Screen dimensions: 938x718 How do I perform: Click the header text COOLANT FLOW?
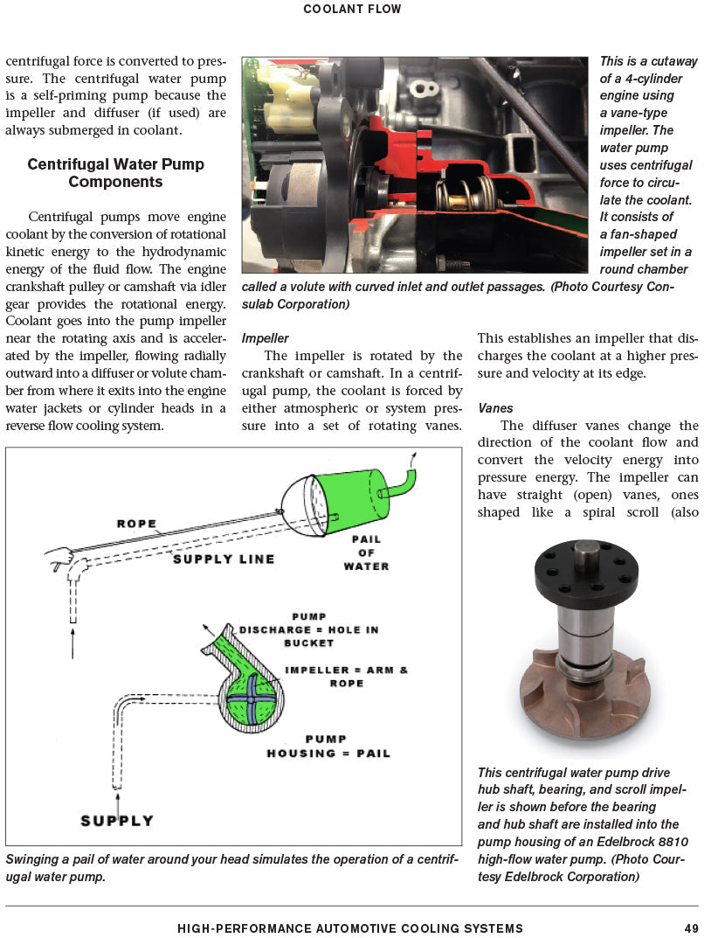[352, 10]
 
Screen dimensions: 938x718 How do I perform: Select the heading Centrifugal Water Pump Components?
[115, 173]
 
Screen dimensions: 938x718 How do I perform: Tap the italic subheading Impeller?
[265, 338]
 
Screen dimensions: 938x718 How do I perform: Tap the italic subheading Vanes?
[495, 408]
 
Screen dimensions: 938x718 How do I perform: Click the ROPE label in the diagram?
[136, 525]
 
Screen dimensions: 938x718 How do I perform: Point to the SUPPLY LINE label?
[224, 559]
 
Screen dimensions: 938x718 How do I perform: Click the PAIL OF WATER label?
[366, 552]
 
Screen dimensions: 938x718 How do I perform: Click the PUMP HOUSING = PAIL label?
[328, 746]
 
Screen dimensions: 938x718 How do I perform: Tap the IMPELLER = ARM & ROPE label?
[347, 677]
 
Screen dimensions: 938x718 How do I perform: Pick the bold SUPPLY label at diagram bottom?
[117, 821]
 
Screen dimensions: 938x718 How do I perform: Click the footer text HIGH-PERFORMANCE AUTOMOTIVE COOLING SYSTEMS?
[350, 928]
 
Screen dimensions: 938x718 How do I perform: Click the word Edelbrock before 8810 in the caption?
[622, 842]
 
